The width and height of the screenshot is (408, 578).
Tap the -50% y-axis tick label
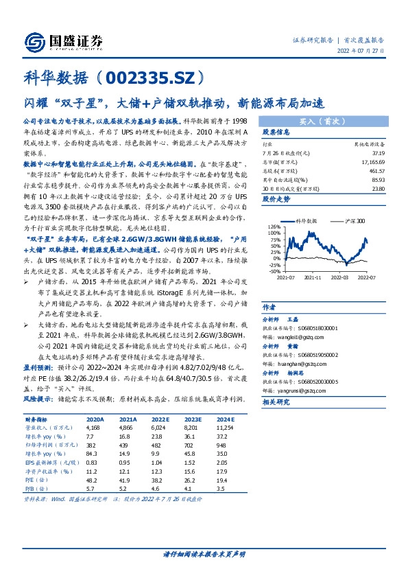[x=273, y=272]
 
